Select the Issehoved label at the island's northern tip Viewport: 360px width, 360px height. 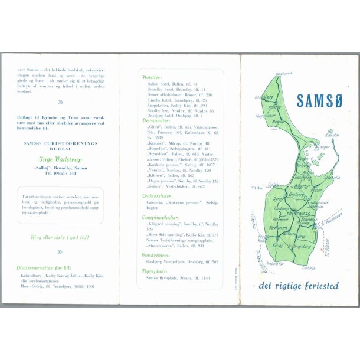click(x=283, y=73)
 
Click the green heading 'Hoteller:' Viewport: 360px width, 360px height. click(x=152, y=77)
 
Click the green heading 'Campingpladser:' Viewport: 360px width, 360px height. click(x=161, y=217)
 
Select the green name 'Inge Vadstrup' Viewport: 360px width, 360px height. click(x=60, y=158)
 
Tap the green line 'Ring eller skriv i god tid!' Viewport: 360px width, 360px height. click(x=60, y=237)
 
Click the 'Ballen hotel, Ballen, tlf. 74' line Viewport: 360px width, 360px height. click(x=172, y=84)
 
